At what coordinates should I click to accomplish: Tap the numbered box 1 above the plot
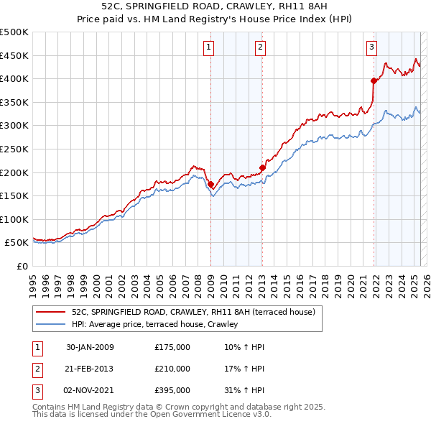pos(208,47)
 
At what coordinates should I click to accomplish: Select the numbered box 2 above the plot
pos(259,47)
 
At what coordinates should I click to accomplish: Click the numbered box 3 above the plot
pos(371,47)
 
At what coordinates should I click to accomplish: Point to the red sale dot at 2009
pos(210,185)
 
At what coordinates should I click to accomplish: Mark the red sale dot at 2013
pos(262,168)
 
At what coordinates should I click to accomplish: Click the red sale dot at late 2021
pos(374,80)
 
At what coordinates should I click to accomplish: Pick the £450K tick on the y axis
pos(14,55)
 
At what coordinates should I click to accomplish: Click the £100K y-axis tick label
pos(14,219)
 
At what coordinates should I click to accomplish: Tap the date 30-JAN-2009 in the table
pos(90,348)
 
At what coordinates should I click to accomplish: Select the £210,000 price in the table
pos(172,369)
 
